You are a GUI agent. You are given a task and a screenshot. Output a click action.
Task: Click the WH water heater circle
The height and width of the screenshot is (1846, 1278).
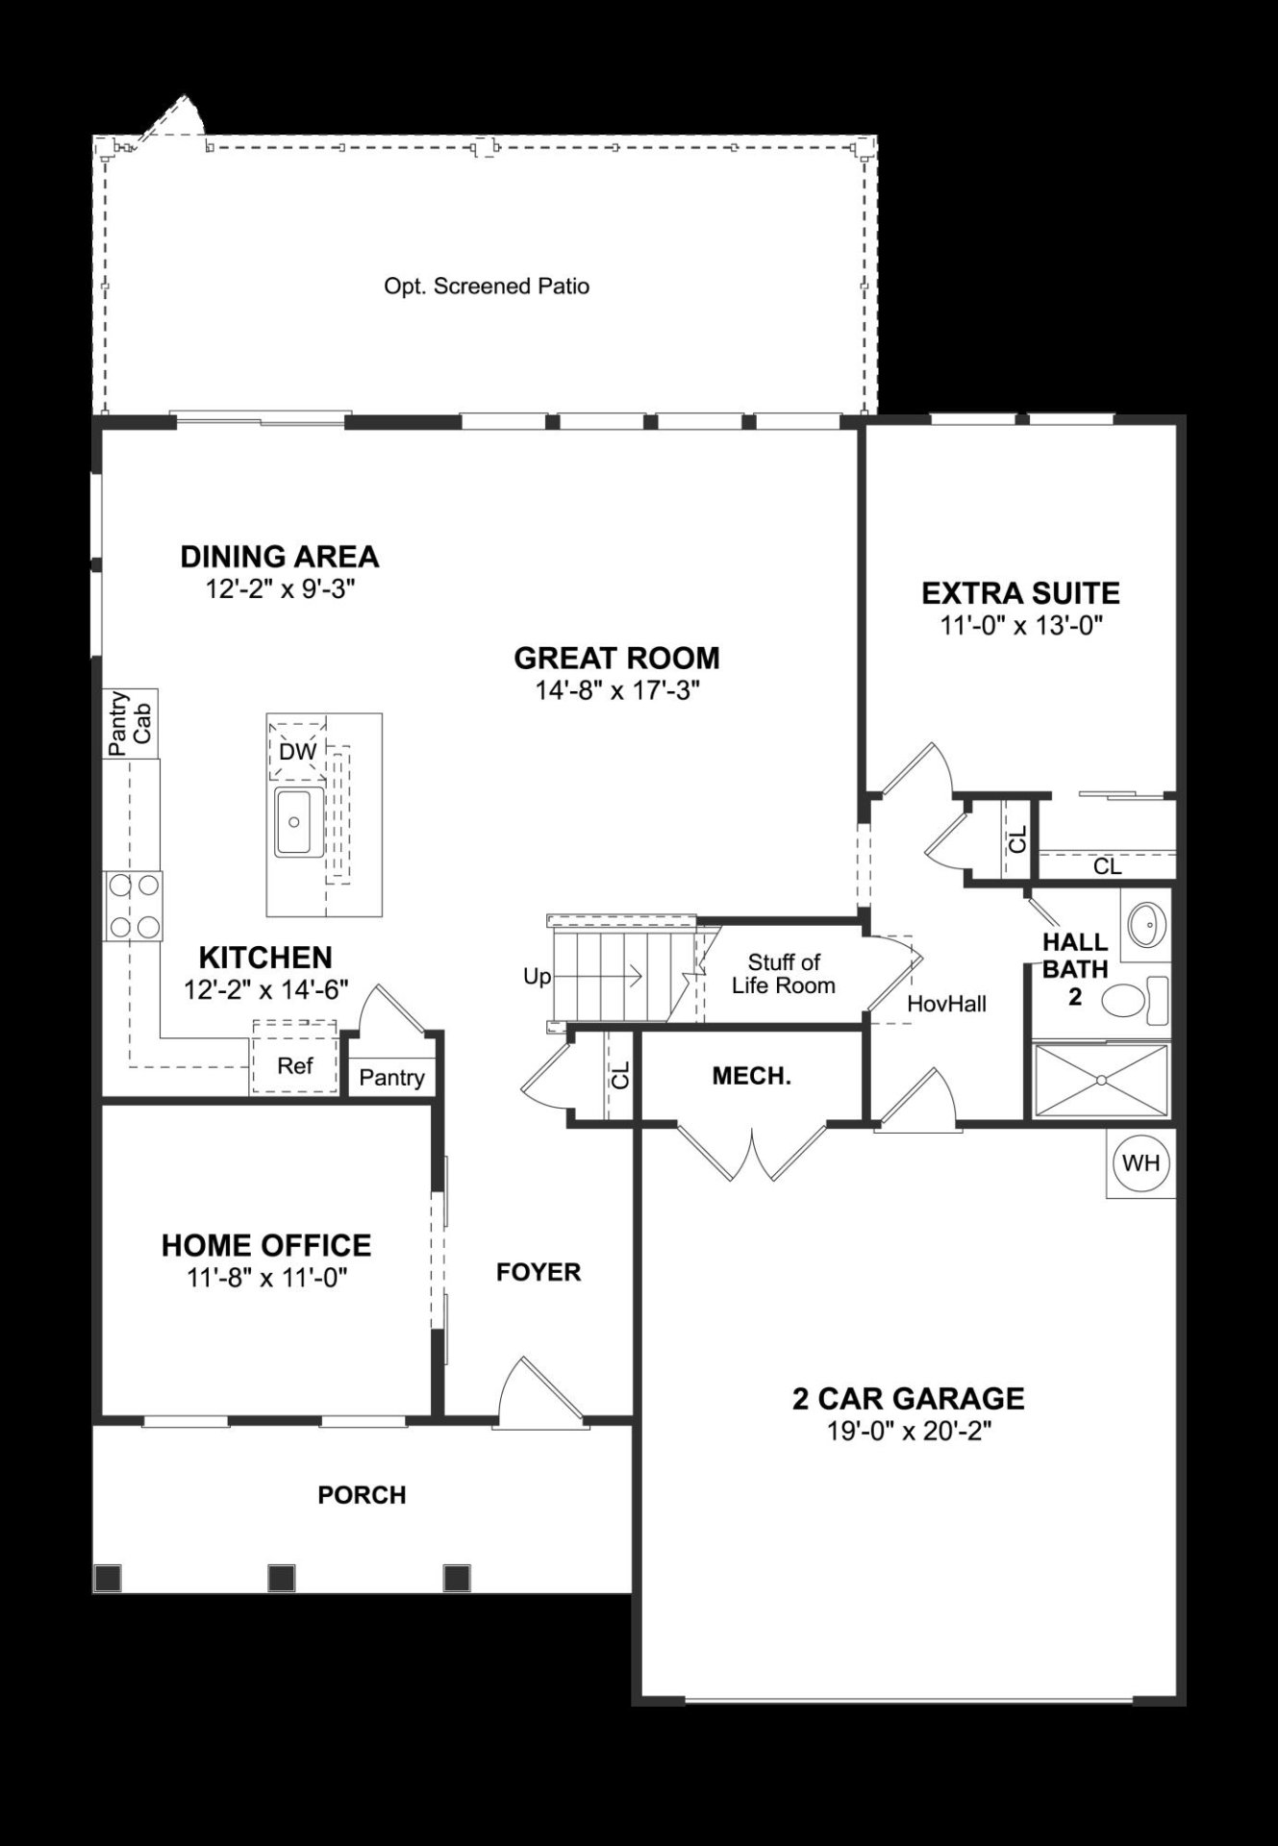[x=1141, y=1162]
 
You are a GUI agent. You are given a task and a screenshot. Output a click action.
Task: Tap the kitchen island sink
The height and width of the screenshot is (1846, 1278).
[x=296, y=821]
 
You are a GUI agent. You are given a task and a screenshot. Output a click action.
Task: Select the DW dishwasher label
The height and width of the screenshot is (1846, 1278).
[x=297, y=752]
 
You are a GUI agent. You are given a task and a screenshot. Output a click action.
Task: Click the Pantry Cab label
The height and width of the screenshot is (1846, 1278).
[x=130, y=723]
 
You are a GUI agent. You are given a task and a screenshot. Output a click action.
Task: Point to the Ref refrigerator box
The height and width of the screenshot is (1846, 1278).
[x=294, y=1065]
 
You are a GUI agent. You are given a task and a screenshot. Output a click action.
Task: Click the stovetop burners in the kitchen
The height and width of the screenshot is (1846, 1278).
[x=134, y=906]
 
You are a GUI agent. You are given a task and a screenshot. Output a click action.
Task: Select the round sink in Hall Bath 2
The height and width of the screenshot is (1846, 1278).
[x=1144, y=926]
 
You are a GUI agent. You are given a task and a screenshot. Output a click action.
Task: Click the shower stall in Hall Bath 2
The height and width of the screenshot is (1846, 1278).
[x=1101, y=1081]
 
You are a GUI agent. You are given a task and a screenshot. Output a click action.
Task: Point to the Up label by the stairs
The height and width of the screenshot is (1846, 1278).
[x=537, y=977]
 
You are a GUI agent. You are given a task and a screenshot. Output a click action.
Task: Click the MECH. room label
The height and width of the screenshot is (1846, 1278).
[x=751, y=1076]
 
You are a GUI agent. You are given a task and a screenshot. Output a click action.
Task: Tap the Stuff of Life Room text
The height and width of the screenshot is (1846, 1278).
[x=783, y=973]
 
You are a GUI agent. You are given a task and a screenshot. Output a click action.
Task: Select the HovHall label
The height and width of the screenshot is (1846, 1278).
[x=946, y=1004]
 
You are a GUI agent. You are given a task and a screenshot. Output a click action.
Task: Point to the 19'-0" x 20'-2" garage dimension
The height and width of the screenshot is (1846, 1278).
[x=909, y=1431]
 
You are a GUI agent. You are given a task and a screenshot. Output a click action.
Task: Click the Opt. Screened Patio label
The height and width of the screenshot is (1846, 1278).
[x=487, y=287]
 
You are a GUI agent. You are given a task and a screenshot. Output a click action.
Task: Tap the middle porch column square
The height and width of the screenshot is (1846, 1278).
[x=281, y=1577]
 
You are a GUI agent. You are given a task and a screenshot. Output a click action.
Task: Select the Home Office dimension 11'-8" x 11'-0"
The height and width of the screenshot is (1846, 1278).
[x=266, y=1277]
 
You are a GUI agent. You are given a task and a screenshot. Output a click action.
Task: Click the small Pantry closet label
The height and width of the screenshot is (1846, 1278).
[x=391, y=1078]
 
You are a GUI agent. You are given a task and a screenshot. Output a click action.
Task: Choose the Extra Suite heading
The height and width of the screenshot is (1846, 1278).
[x=1020, y=593]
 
